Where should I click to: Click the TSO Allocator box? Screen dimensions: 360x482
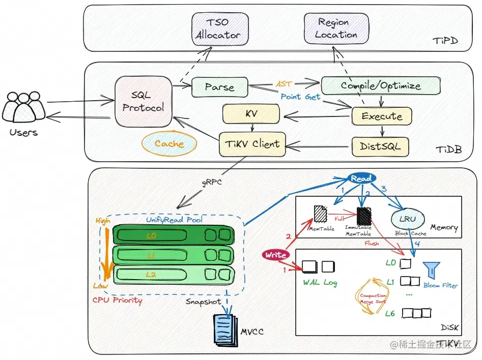(x=220, y=29)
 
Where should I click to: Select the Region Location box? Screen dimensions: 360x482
(x=333, y=28)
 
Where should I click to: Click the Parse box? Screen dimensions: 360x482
(x=219, y=87)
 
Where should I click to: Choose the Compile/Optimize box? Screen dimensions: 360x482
(x=381, y=85)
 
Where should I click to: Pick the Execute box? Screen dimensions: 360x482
(x=381, y=116)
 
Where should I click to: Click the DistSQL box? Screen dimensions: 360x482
(x=381, y=146)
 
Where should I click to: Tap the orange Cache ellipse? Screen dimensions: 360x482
(x=169, y=144)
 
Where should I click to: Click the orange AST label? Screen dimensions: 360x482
(x=283, y=83)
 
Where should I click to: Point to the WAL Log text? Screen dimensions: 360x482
(x=320, y=282)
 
